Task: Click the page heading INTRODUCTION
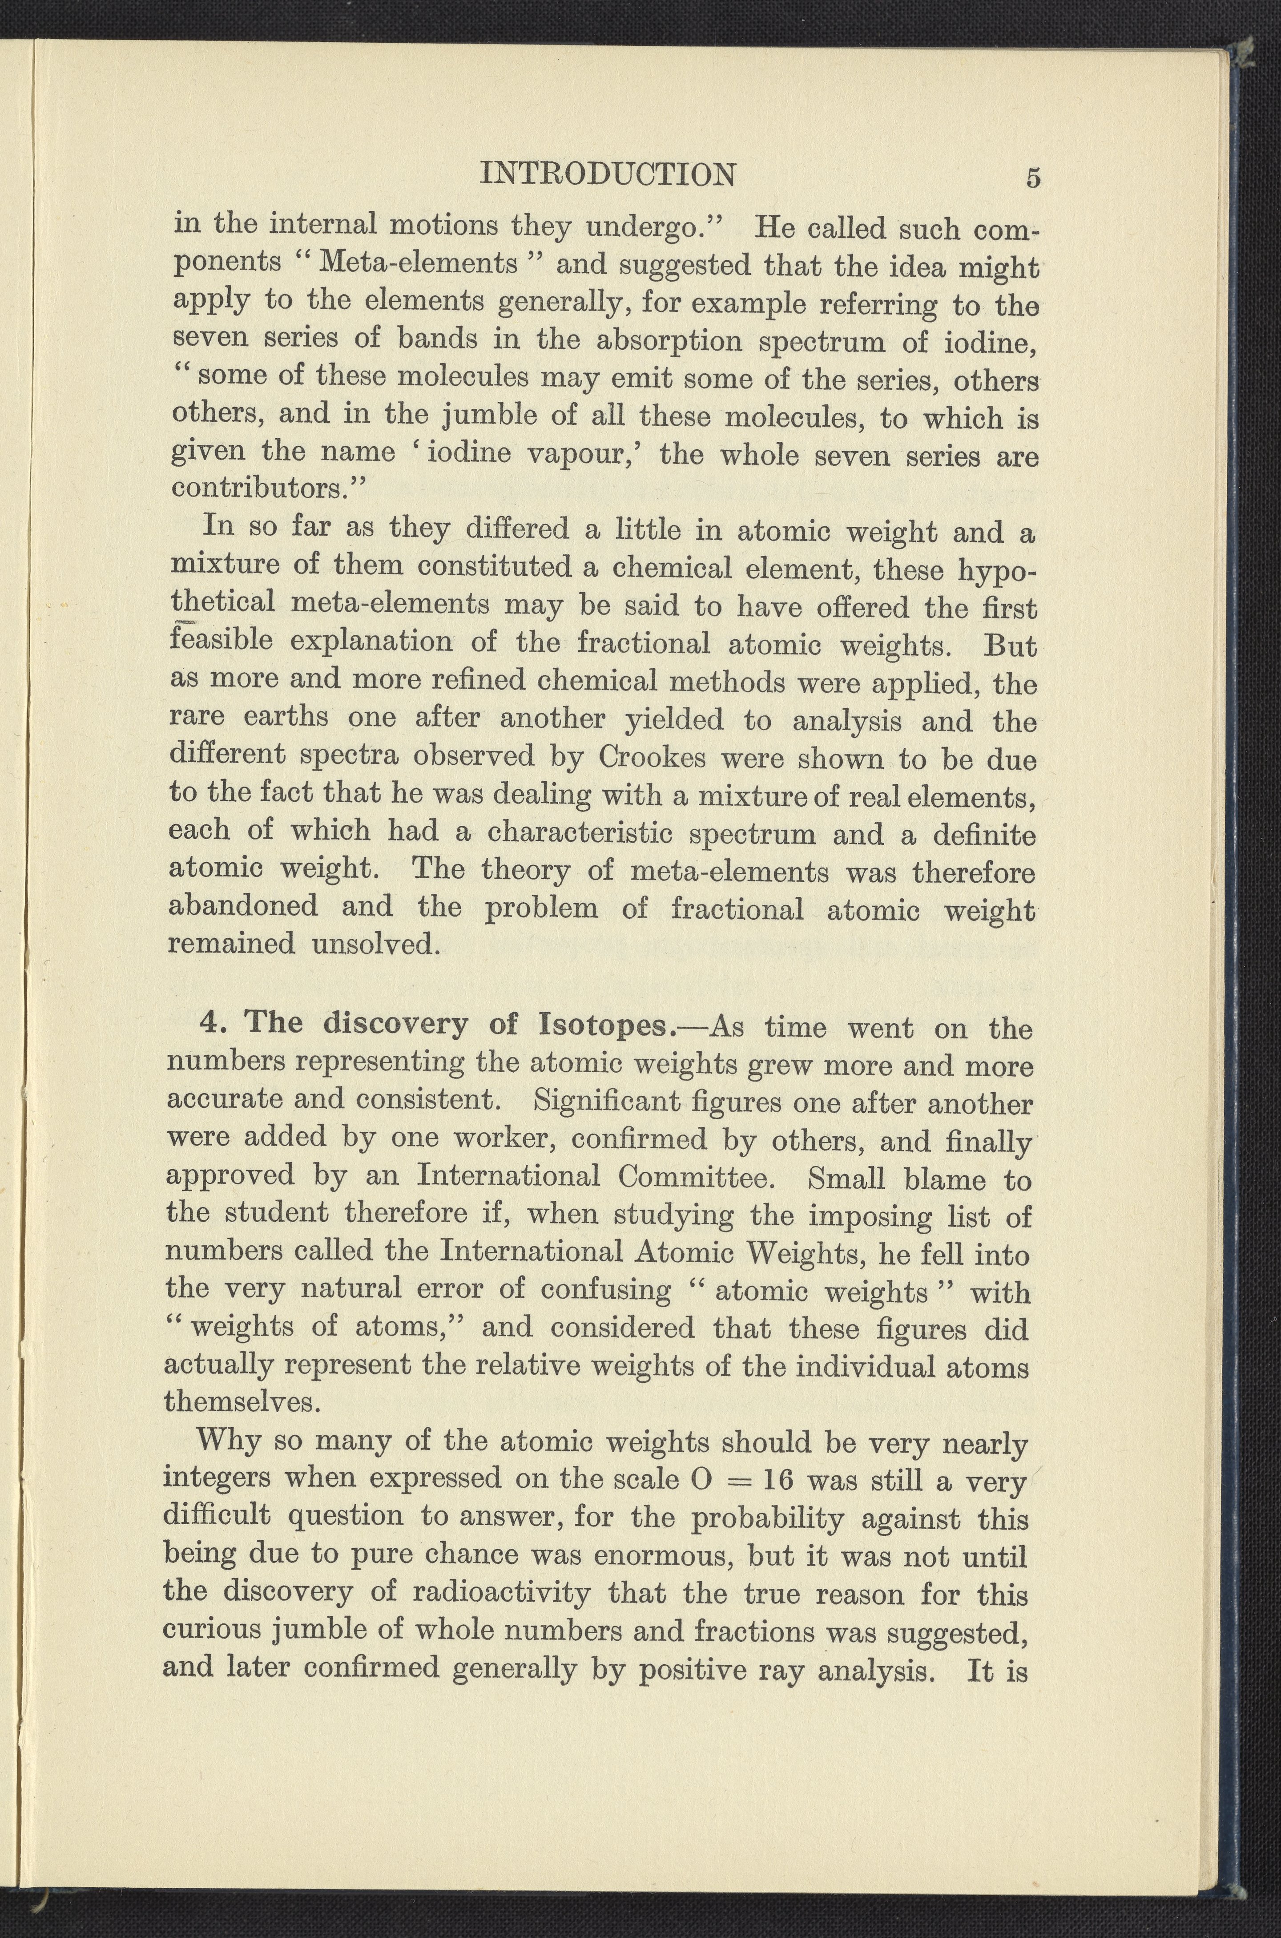tap(608, 174)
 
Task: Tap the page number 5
tap(1033, 178)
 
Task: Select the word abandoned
tap(243, 906)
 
